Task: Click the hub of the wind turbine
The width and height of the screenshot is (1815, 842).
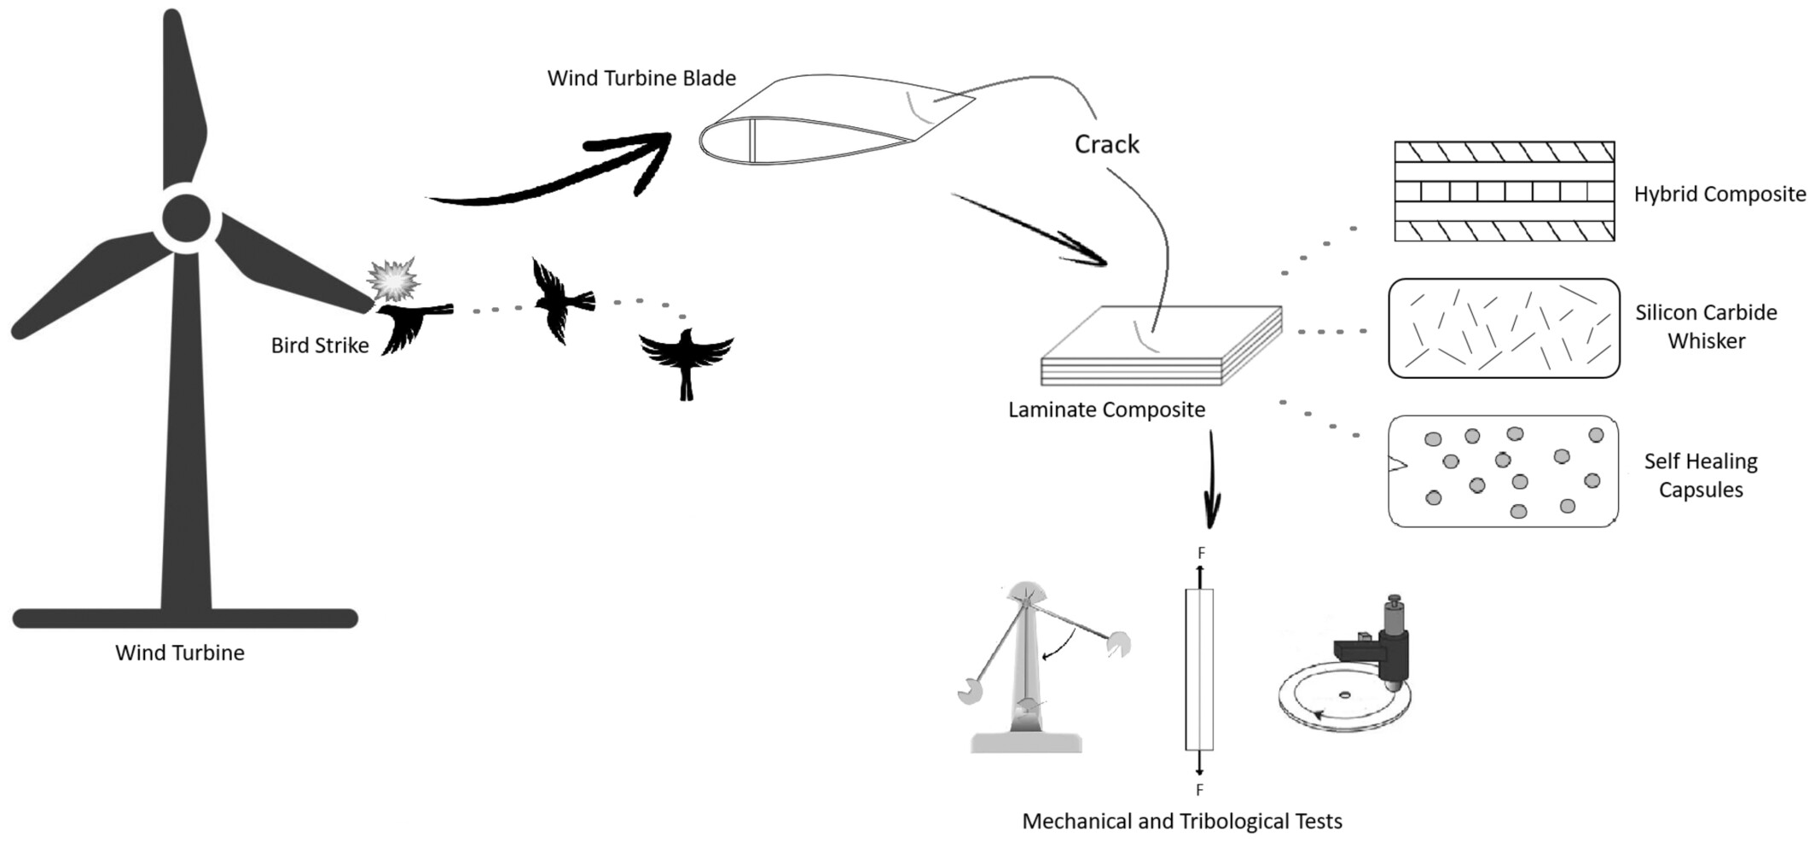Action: pyautogui.click(x=186, y=219)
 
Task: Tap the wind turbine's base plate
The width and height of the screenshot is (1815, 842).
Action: pyautogui.click(x=185, y=618)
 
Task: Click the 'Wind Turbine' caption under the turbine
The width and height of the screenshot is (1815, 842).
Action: pyautogui.click(x=180, y=653)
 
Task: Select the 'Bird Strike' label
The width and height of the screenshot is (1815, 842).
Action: pyautogui.click(x=320, y=346)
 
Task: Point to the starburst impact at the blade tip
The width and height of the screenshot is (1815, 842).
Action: pyautogui.click(x=392, y=278)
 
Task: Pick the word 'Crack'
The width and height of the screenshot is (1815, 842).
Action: pyautogui.click(x=1106, y=144)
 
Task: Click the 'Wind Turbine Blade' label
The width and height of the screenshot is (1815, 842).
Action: pyautogui.click(x=641, y=78)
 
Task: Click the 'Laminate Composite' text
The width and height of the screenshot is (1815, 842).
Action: pyautogui.click(x=1106, y=410)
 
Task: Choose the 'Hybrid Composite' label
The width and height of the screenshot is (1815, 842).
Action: pyautogui.click(x=1719, y=195)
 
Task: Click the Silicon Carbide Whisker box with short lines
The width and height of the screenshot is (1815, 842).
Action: pyautogui.click(x=1504, y=328)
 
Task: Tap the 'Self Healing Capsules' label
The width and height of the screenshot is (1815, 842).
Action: pyautogui.click(x=1701, y=475)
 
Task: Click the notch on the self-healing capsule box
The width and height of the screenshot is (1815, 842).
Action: pyautogui.click(x=1397, y=464)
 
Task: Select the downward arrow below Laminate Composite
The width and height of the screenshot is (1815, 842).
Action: pyautogui.click(x=1211, y=482)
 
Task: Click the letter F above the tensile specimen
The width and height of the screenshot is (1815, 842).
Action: pyautogui.click(x=1201, y=554)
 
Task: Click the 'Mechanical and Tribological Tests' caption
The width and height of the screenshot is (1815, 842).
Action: pyautogui.click(x=1182, y=822)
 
